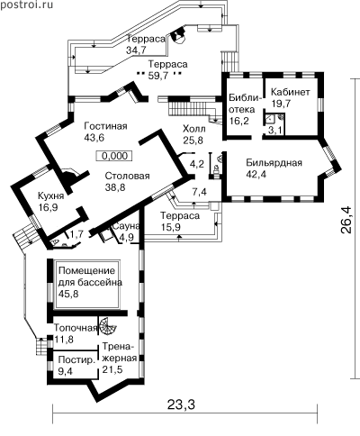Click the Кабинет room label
click(x=290, y=92)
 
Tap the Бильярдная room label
click(x=274, y=163)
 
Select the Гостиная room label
click(x=105, y=126)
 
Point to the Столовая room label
click(x=127, y=176)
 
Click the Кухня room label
click(x=51, y=196)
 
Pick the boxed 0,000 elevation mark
click(x=114, y=156)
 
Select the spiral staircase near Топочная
click(x=107, y=327)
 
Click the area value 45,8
click(x=68, y=294)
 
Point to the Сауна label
click(x=126, y=226)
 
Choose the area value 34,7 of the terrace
click(x=136, y=50)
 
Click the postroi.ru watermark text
click(x=26, y=5)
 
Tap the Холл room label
click(x=194, y=129)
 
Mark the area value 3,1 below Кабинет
click(x=274, y=131)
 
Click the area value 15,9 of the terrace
click(x=171, y=227)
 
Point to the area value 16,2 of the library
click(x=238, y=121)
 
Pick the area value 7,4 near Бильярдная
click(x=200, y=192)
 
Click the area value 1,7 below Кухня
click(x=76, y=234)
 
